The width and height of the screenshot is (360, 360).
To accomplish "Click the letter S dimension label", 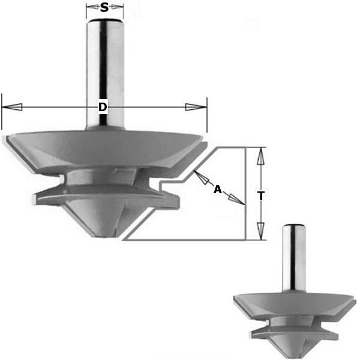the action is coord(104,8).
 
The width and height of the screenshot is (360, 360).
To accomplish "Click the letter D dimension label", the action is coord(103,107).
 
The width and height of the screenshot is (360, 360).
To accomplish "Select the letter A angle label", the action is coord(218,190).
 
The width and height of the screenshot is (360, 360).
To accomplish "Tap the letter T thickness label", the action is coord(261,196).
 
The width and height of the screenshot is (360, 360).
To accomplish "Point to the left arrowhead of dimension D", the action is coord(12,107).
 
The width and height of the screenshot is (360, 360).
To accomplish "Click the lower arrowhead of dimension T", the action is coord(260,231).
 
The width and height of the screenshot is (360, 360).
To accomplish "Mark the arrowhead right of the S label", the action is coord(116,8).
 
